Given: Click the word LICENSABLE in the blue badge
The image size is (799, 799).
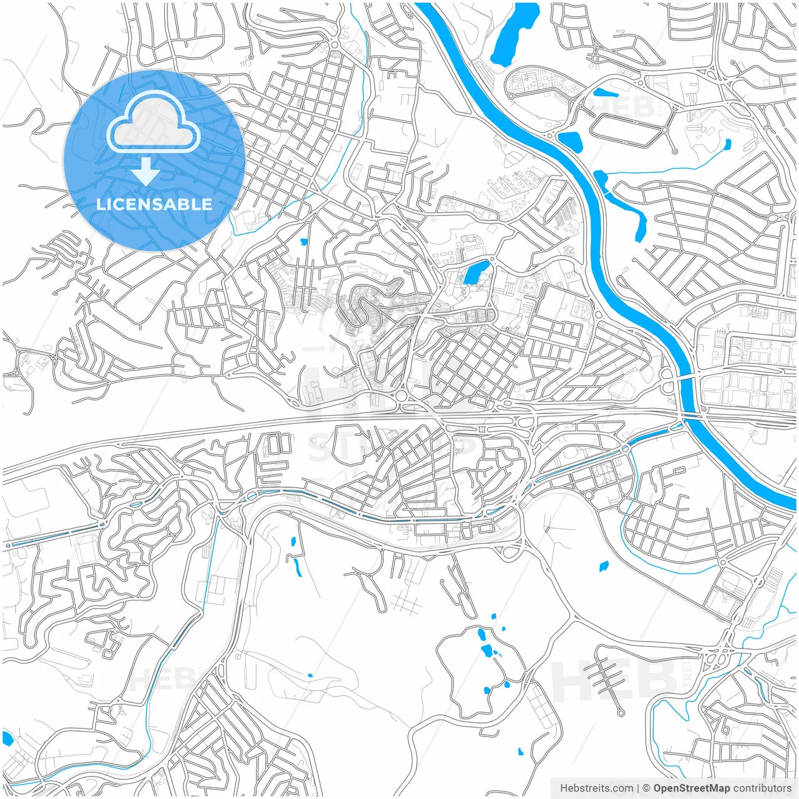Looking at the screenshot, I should (154, 204).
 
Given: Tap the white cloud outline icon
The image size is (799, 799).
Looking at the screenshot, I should (153, 124).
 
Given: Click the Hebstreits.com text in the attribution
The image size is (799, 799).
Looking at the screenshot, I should (596, 788).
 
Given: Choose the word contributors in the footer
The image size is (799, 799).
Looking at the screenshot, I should (762, 788).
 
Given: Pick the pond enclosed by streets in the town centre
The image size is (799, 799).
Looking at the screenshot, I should (473, 272).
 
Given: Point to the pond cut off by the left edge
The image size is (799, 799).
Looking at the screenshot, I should (7, 738).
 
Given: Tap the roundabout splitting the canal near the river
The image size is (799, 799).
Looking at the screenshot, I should (625, 449).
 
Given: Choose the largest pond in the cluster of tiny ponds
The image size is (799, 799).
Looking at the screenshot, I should (484, 651).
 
